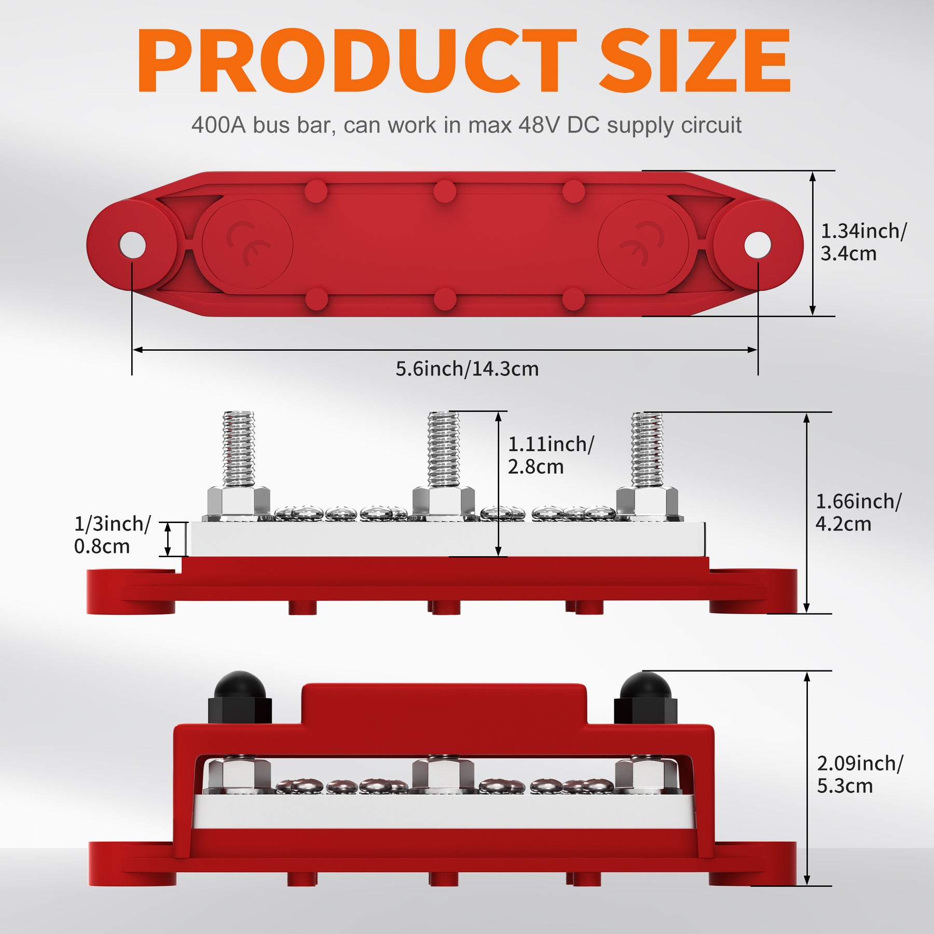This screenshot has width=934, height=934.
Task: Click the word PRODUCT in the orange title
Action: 357,61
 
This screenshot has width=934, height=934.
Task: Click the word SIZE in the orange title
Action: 695,61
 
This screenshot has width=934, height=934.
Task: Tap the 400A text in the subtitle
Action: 218,125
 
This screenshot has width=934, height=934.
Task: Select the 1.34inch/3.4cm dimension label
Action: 864,242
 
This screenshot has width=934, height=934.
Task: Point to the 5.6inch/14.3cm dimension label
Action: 467,369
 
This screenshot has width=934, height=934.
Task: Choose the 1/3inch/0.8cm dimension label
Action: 112,534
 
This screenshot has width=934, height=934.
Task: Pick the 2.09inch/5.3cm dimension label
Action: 860,774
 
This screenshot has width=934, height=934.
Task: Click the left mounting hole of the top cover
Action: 132,244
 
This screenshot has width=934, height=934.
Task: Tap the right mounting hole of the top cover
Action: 758,244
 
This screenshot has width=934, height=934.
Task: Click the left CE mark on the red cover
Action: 249,244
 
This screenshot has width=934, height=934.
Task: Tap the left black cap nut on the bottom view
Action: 240,697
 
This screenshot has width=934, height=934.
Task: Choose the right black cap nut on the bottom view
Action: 645,697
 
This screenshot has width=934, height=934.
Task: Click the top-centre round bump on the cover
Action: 445,191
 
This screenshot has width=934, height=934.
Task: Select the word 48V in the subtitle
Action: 540,125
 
